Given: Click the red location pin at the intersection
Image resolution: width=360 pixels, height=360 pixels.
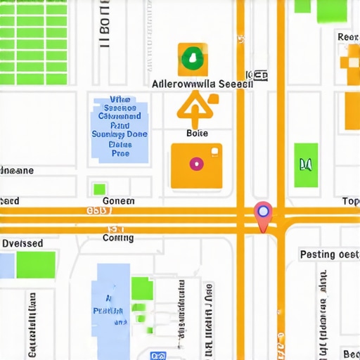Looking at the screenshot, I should point(263,214).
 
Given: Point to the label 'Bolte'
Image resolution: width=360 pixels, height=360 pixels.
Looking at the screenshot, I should point(197,133).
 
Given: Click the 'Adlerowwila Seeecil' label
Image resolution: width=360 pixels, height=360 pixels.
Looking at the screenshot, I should point(202,83).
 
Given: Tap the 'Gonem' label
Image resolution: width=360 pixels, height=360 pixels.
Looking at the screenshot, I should point(118,200).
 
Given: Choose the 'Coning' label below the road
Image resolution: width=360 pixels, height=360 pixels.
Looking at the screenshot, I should point(118,238).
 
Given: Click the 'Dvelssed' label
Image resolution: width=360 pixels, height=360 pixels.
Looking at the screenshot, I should point(22,243).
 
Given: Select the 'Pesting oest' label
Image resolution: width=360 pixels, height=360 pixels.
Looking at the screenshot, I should point(329,254).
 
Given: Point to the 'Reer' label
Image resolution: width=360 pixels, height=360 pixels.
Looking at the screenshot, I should point(348,37).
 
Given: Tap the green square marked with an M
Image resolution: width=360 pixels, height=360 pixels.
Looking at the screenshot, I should point(305,165).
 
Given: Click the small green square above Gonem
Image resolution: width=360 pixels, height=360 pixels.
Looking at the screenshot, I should point(100,188).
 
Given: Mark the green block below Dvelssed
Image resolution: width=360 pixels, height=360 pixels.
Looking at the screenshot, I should point(35,264).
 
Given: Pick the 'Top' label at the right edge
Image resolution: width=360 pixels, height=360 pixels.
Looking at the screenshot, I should point(350,201).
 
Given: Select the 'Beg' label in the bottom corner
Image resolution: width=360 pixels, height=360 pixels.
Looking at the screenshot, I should point(349,352).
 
